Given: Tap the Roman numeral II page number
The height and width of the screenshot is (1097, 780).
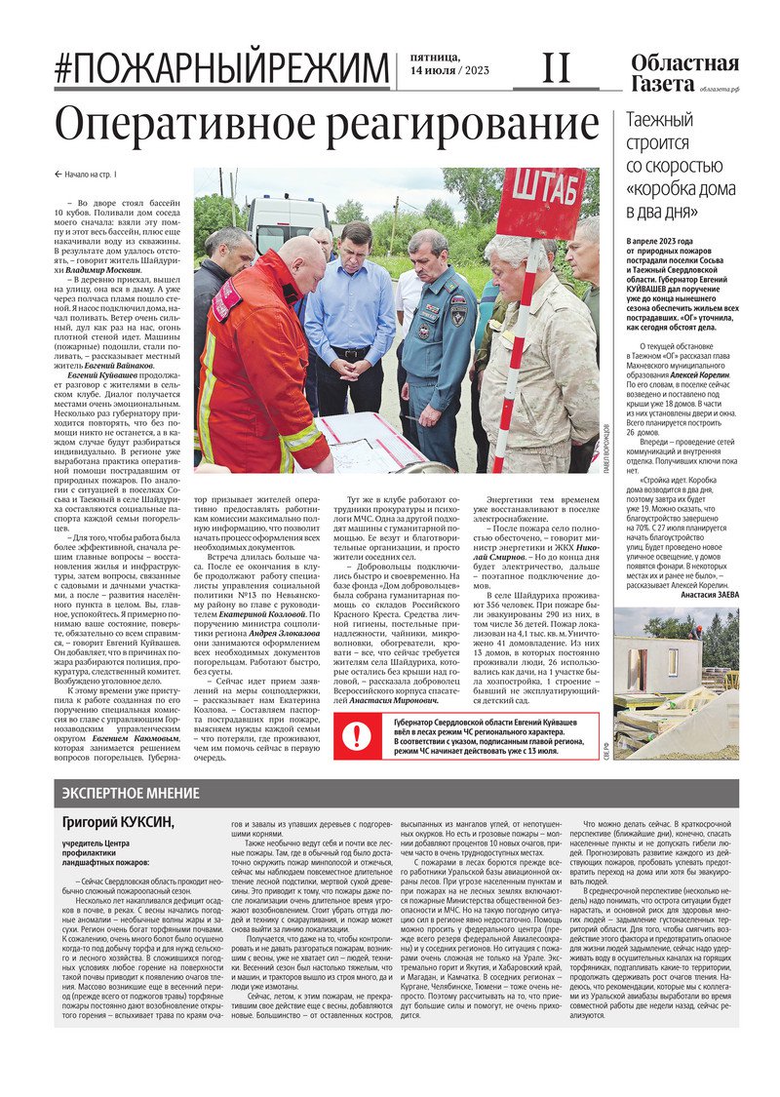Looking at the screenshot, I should pos(556,68).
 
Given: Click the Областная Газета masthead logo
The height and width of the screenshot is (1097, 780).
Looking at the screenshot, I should pos(683,73).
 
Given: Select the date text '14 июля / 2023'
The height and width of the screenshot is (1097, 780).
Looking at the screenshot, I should pos(449,71).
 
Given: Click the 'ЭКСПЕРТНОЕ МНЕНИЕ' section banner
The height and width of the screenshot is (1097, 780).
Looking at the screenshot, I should pos(131,793).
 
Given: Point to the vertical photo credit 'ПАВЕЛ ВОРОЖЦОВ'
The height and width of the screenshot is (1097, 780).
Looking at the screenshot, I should pos(605,443).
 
